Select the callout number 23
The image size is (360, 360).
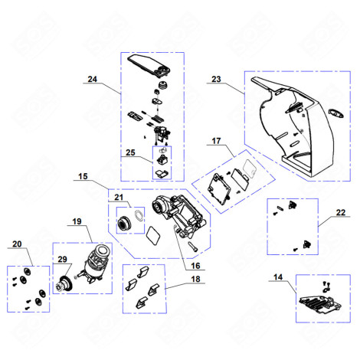pyautogui.click(x=215, y=79)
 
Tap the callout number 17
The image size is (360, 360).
pyautogui.click(x=217, y=142)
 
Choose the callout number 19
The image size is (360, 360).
pyautogui.click(x=77, y=221)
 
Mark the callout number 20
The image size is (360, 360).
pyautogui.click(x=16, y=244)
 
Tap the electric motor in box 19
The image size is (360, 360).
pyautogui.click(x=98, y=265)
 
